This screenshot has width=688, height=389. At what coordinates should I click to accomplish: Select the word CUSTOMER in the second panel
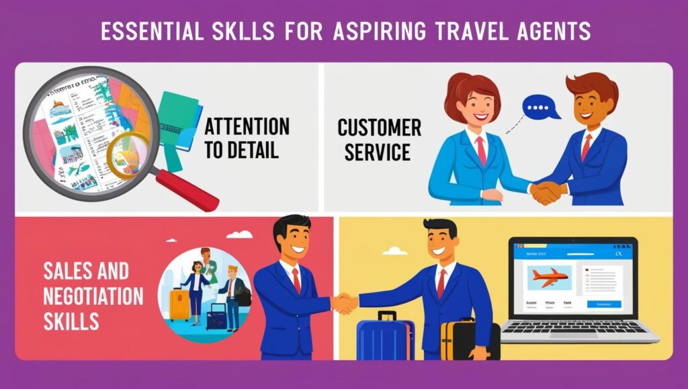point(379,128)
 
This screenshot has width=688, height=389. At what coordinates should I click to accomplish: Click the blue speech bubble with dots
point(541,107)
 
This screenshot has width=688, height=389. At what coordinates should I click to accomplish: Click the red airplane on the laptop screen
point(549,275)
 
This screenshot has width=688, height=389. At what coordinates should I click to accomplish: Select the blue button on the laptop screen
point(604,304)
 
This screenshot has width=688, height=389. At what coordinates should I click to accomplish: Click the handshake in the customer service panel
point(546,193)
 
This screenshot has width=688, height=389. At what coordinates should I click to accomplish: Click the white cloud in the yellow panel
point(396,251)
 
